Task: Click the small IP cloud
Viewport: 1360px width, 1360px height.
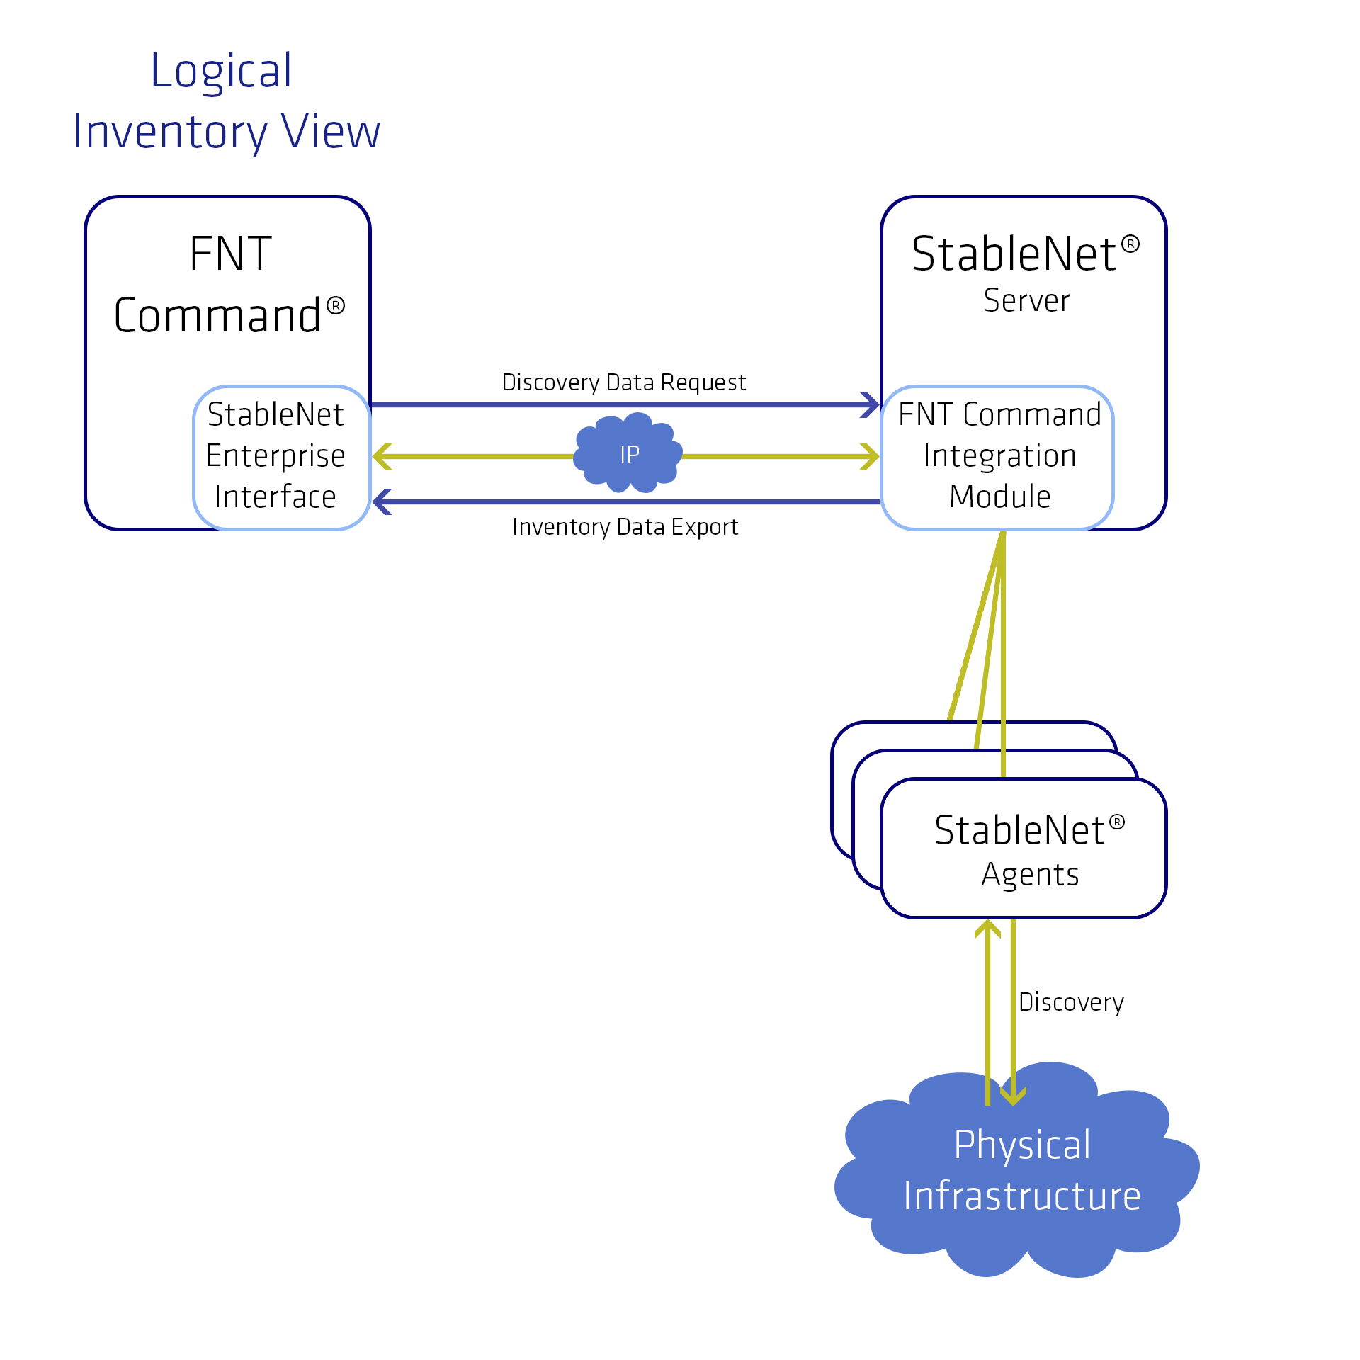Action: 628,454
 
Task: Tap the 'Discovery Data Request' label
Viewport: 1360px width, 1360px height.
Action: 623,382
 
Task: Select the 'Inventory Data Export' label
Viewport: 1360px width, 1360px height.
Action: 625,527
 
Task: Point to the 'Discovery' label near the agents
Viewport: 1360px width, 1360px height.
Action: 1071,1002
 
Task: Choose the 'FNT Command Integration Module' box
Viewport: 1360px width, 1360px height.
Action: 999,456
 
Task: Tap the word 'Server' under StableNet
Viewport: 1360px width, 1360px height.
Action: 1026,301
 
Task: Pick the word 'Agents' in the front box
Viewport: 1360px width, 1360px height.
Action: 1030,875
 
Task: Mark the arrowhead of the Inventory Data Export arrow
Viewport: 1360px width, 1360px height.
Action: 381,501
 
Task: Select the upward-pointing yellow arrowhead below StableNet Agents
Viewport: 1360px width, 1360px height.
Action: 987,928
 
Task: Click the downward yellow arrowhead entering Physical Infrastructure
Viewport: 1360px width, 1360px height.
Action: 1013,1097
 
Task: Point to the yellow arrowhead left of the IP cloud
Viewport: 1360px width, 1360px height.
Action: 381,456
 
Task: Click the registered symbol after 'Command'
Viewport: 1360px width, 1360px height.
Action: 336,306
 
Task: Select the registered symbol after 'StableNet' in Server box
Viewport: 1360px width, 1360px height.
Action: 1131,244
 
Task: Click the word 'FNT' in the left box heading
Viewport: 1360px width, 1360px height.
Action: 231,254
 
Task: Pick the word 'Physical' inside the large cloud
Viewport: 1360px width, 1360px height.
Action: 1022,1145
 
